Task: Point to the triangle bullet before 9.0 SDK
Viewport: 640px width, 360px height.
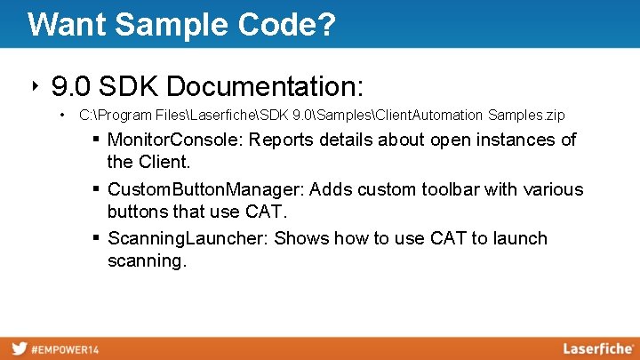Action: (x=35, y=85)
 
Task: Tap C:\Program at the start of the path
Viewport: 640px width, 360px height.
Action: (x=109, y=116)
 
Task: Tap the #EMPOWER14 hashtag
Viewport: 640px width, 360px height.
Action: (x=66, y=349)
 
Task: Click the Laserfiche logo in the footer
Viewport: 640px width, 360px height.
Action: (x=597, y=348)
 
